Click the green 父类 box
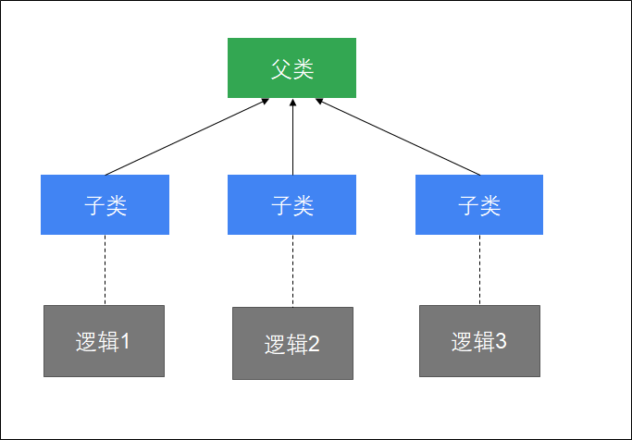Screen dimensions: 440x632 291,67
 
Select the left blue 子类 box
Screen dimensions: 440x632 105,204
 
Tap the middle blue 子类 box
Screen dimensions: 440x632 291,204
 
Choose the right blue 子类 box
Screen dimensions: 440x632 478,204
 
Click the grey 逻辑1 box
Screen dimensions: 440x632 104,341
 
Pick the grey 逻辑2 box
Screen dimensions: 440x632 292,343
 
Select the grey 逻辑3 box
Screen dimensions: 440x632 479,341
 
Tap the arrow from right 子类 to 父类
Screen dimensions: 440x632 398,136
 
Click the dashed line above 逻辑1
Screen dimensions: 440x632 105,269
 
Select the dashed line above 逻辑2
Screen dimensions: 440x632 292,270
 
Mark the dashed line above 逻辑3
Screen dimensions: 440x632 479,269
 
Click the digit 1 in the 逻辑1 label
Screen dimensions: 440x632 127,341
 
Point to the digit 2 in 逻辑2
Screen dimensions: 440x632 314,344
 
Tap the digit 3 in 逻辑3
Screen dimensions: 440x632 501,341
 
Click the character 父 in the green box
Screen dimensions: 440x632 281,68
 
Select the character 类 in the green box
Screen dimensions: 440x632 303,68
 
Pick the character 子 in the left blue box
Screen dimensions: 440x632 94,205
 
